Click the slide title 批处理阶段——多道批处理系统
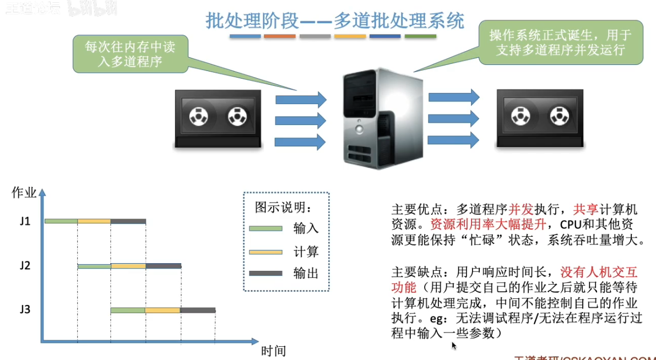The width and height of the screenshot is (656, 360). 335,21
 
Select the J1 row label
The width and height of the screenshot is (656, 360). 24,222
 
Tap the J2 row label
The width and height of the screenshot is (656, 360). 24,266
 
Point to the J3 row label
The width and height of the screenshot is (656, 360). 24,309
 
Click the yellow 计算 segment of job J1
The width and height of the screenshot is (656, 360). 94,221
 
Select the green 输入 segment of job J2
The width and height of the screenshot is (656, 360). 94,266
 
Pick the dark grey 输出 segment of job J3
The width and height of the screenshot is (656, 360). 197,310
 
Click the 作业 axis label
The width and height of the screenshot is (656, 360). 24,193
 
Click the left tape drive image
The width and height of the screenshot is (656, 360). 218,118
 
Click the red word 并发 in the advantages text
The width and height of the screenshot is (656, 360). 520,210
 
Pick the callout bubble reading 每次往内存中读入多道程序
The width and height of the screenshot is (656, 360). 130,54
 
